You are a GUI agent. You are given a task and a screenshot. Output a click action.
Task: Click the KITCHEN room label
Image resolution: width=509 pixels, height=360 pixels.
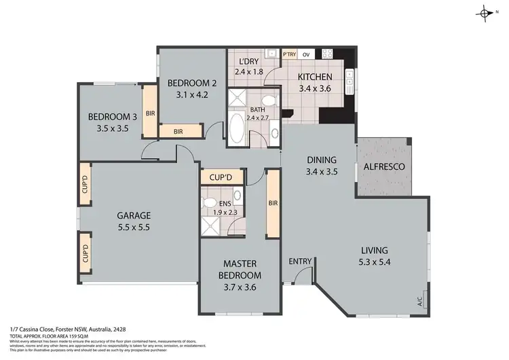coord(315,77)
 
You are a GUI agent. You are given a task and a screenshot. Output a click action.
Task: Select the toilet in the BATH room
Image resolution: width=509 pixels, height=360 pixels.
coord(269,102)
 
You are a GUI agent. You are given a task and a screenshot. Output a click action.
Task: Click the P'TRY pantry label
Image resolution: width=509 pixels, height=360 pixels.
coord(290,53)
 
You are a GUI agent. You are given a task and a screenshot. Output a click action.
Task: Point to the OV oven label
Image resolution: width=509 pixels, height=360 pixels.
coord(306,53)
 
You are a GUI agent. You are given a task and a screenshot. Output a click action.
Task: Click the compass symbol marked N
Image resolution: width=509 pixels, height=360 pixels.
coord(486,14)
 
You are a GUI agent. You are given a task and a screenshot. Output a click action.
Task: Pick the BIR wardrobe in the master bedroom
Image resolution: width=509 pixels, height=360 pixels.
coord(273,202)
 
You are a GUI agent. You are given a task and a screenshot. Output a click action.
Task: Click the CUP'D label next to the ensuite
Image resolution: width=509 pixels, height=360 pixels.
coord(221,177)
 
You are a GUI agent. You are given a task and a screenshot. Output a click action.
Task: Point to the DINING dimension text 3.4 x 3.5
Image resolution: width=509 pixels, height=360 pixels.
coord(322,172)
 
